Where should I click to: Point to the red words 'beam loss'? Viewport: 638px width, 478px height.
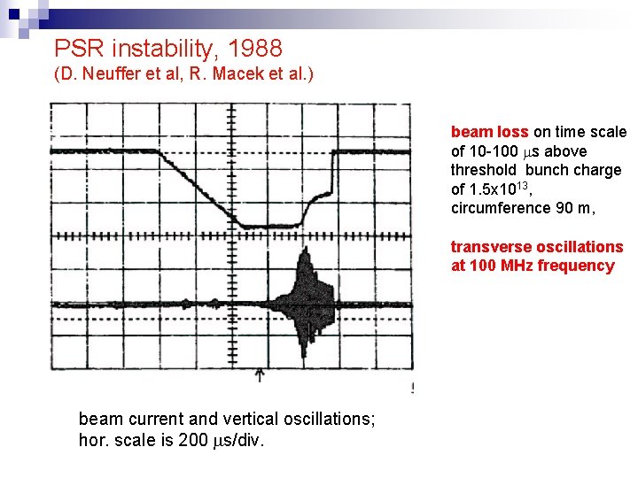[x=489, y=132]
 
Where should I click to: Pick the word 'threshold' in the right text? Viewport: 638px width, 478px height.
[x=483, y=170]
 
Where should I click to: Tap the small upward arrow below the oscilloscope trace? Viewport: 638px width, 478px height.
[x=259, y=375]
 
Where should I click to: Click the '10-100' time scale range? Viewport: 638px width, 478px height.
[x=495, y=151]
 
